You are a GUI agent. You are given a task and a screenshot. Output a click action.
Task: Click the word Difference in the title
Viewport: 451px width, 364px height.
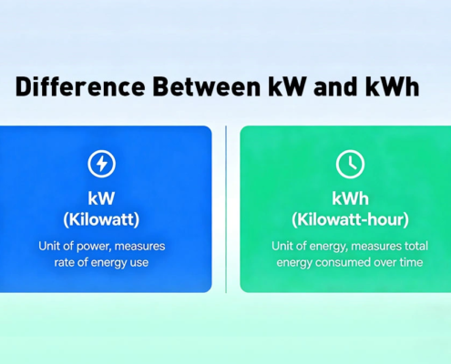click(75, 89)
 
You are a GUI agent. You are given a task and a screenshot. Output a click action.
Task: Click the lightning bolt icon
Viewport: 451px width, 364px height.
click(101, 164)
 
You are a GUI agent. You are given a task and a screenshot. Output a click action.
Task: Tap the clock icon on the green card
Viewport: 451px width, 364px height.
click(350, 164)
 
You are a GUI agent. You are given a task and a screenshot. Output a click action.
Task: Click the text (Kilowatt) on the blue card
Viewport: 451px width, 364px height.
click(101, 220)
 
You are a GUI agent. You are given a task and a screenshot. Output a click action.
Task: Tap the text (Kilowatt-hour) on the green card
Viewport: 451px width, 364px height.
click(350, 220)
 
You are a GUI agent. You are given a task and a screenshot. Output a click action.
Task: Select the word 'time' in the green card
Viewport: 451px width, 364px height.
click(408, 264)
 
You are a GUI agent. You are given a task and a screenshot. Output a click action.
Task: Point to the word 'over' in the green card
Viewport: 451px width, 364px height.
click(382, 264)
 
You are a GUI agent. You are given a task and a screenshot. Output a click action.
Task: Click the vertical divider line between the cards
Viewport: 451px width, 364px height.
click(226, 209)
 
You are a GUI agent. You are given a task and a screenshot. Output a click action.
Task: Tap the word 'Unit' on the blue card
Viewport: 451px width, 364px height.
click(50, 247)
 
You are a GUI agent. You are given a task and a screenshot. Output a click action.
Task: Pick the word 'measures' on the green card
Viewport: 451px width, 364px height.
click(373, 247)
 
